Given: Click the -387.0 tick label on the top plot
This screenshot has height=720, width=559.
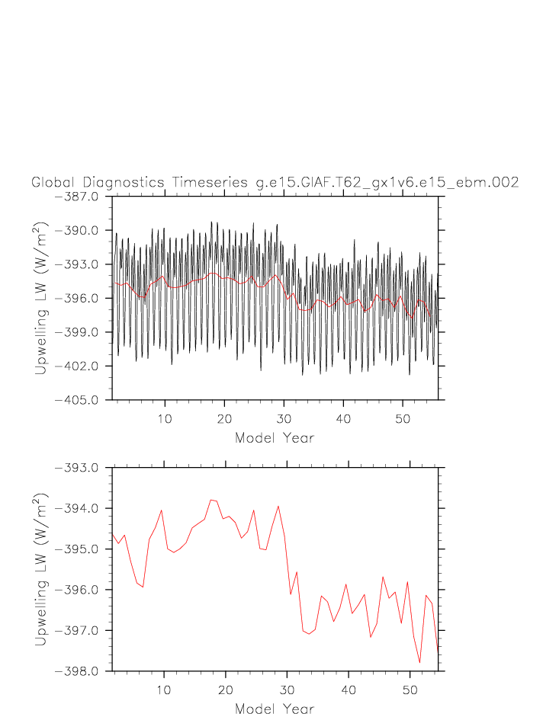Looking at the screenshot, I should (80, 197).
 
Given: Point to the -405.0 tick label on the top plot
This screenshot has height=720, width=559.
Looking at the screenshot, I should (80, 400).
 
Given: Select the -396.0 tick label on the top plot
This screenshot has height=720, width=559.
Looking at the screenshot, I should (80, 299).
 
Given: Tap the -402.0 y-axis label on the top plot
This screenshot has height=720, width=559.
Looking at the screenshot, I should (80, 366).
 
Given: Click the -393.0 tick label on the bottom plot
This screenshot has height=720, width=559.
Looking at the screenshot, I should (80, 468).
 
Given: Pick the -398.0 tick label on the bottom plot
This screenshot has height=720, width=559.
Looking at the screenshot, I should (80, 671).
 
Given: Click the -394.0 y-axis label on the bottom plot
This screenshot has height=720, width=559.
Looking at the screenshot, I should (80, 509).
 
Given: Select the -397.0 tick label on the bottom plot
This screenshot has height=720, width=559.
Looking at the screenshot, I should (80, 631).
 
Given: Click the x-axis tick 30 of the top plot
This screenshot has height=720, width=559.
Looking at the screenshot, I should (286, 418).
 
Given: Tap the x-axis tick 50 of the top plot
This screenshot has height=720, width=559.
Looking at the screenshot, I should (410, 418).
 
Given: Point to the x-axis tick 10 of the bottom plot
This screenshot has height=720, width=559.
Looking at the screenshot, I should (163, 690).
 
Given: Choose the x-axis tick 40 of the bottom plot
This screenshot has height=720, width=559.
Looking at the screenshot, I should (348, 690).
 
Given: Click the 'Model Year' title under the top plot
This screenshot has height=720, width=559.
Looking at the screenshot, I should (275, 438).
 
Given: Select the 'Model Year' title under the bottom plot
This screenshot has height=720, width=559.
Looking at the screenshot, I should (275, 709).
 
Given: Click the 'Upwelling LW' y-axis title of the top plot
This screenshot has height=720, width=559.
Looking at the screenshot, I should (42, 298).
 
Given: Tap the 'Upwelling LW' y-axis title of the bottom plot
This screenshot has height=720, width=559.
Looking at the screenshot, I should (42, 569).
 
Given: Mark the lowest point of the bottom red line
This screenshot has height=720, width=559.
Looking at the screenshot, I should (419, 663).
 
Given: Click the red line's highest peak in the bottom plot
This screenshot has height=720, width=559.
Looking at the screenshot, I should (210, 500).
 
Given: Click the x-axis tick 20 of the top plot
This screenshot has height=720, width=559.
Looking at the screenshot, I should (224, 418).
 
